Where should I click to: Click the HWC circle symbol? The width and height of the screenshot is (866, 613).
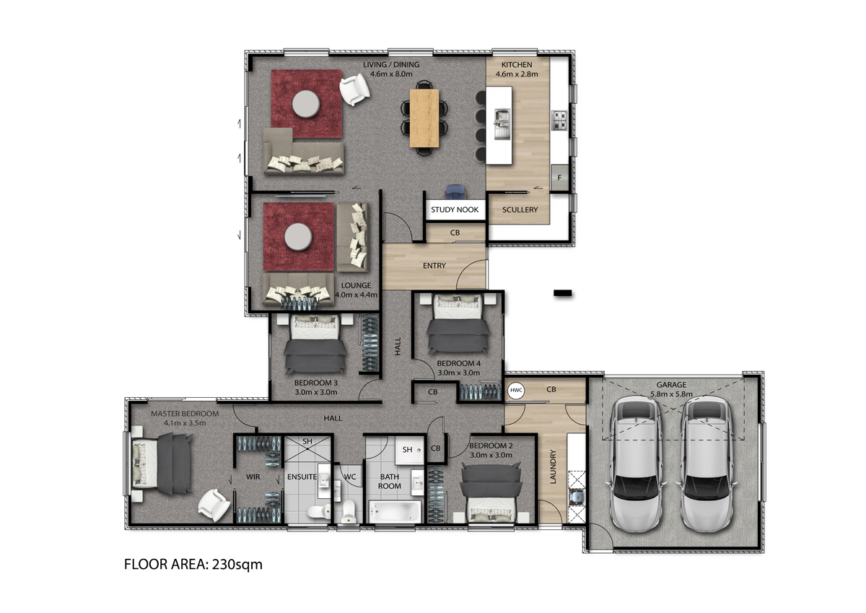coord(516,390)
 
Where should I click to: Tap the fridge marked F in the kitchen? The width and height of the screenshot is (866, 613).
coord(559,178)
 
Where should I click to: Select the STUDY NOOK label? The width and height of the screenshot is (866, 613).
coord(455,209)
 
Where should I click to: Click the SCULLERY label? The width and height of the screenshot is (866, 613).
coord(520,209)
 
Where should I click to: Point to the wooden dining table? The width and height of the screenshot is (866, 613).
coord(424,118)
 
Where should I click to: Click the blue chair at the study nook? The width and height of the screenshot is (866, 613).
coord(455,192)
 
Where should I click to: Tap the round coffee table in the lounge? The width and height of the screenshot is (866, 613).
coord(298,237)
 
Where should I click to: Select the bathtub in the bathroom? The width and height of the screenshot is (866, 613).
coord(394,511)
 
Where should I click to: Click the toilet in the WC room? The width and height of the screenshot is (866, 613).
coord(348,511)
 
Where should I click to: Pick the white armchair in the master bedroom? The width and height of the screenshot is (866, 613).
coord(214,505)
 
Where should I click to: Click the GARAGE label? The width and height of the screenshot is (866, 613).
coord(671,385)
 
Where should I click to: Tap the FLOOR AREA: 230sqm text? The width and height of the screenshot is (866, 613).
coord(193,565)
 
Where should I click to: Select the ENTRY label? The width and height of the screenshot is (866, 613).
coord(434,266)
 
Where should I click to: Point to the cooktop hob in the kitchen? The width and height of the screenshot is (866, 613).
coord(559,120)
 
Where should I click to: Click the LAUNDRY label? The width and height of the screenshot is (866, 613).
coord(553,466)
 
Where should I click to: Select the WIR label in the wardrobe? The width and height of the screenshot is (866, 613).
coord(253,477)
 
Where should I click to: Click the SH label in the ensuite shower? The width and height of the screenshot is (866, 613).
coord(307,441)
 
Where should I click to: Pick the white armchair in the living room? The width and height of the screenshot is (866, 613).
coord(354,90)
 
